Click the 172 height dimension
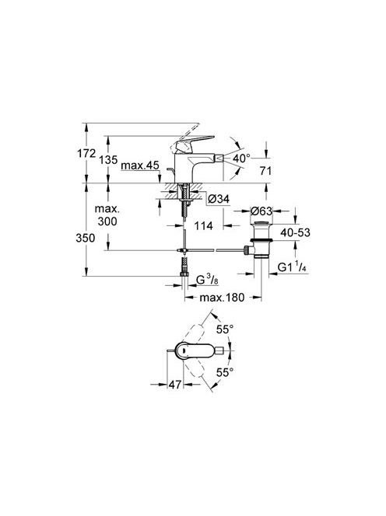point(86,153)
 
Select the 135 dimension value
point(108,160)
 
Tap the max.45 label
point(140,166)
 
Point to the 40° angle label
point(241,159)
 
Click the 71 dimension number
point(265,171)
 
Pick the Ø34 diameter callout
point(219,199)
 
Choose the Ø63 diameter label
point(261,211)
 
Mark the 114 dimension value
point(203,225)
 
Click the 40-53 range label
point(296,232)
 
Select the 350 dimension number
point(86,238)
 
